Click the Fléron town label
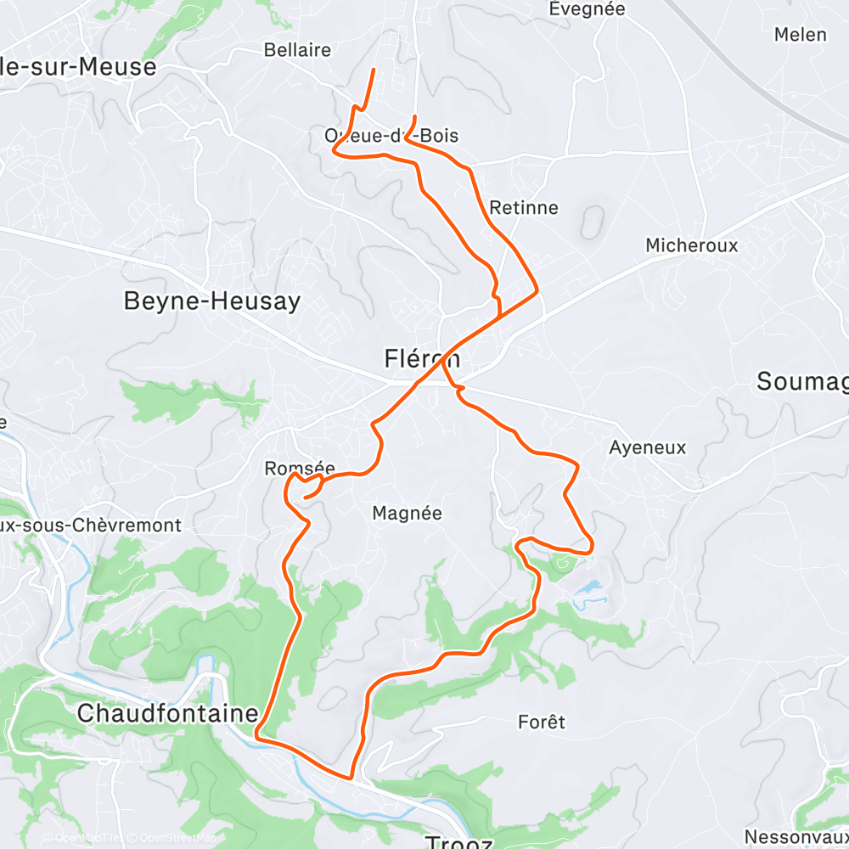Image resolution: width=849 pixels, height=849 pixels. pyautogui.click(x=422, y=359)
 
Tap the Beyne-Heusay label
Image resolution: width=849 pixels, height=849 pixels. pyautogui.click(x=211, y=301)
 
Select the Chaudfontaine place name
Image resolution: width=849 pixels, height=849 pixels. pyautogui.click(x=166, y=713)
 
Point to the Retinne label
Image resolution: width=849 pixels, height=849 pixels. pyautogui.click(x=524, y=208)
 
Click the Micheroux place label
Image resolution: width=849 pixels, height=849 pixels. pyautogui.click(x=691, y=245)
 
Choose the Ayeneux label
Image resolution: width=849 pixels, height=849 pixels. pyautogui.click(x=647, y=447)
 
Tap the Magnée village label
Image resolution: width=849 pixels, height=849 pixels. pyautogui.click(x=408, y=513)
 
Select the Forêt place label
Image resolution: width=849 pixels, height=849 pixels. pyautogui.click(x=541, y=722)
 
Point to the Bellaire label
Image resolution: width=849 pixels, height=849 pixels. pyautogui.click(x=297, y=50)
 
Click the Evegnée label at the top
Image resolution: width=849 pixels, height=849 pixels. pyautogui.click(x=587, y=9)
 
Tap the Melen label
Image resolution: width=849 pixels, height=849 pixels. pyautogui.click(x=800, y=35)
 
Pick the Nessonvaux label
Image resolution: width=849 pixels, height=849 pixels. pyautogui.click(x=796, y=837)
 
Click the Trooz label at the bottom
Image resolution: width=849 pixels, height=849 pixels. pyautogui.click(x=458, y=842)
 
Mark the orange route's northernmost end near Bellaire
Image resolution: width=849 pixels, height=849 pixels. pyautogui.click(x=374, y=68)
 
